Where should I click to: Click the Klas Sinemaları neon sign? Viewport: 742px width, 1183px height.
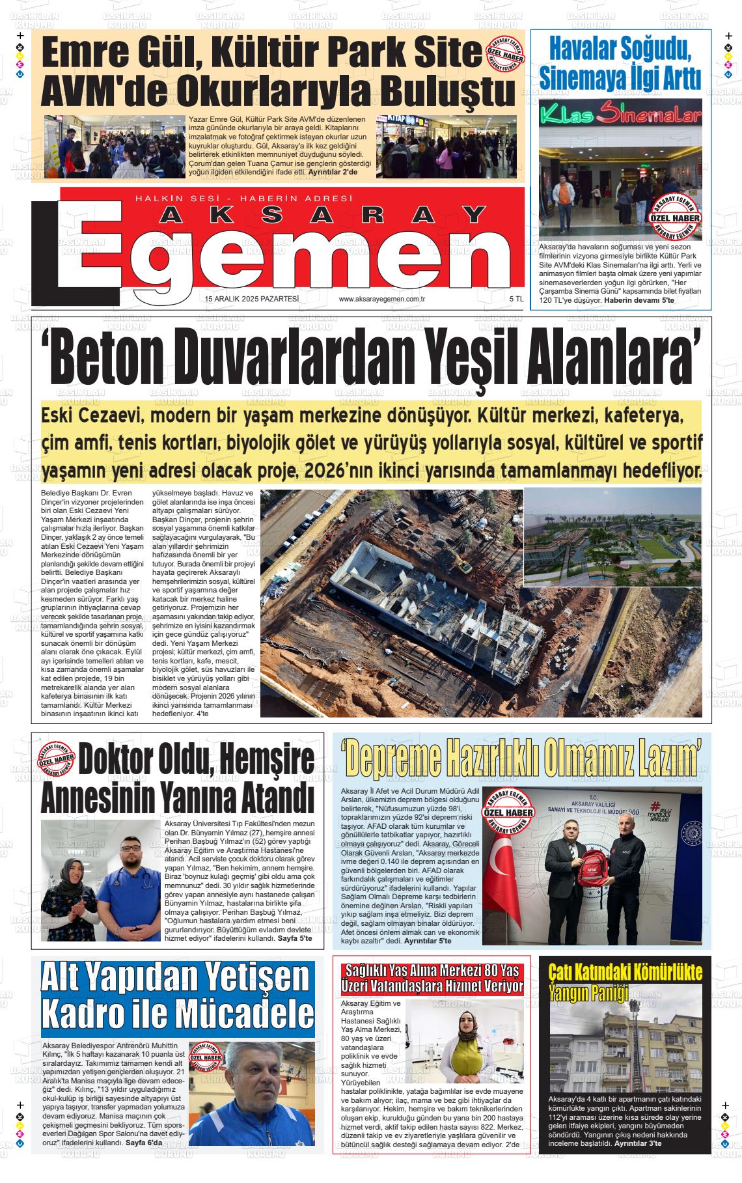point(621,116)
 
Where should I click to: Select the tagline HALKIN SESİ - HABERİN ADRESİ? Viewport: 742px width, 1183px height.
point(243,199)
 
